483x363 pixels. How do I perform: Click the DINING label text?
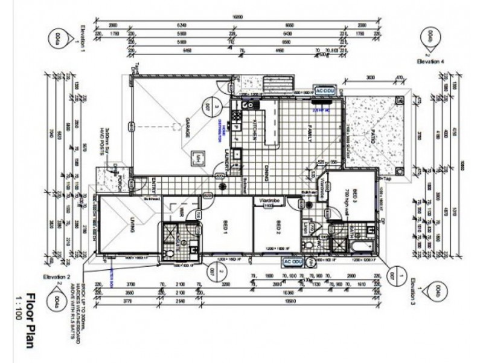[x=266, y=174]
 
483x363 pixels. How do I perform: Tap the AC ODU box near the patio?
[x=325, y=90]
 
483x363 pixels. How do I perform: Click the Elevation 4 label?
[x=429, y=61]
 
